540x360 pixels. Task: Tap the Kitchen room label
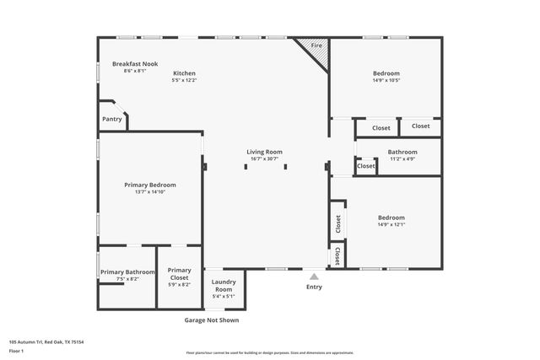click(184, 73)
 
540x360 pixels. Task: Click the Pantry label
click(112, 119)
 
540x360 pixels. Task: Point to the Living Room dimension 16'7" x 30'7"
click(264, 159)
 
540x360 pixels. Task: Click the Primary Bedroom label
click(149, 185)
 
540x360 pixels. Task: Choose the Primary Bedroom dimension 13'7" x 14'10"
click(149, 192)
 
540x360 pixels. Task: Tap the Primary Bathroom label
click(127, 272)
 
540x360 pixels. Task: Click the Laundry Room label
click(224, 286)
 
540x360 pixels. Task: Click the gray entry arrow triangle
click(314, 275)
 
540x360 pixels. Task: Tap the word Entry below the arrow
click(314, 287)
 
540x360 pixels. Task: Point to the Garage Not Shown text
click(212, 320)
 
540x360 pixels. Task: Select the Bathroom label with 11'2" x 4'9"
click(402, 153)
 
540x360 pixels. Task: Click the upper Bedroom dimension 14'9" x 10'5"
click(386, 81)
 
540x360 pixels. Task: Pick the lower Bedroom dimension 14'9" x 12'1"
click(391, 224)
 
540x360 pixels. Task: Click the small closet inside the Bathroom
click(365, 167)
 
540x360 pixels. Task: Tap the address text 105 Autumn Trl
click(46, 342)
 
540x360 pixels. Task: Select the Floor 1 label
click(15, 351)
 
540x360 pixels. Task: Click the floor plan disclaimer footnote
click(269, 352)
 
